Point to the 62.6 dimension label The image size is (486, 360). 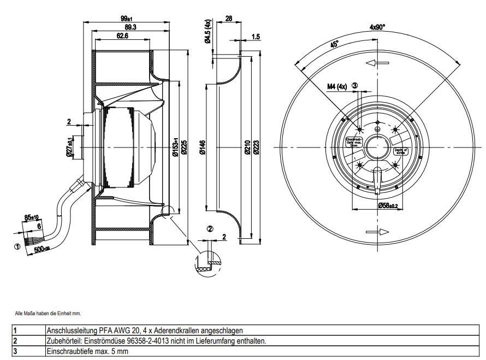coord(122,36)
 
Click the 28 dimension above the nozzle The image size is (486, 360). coord(228,19)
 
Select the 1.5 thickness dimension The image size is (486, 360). coord(256,37)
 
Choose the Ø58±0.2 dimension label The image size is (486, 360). coord(389,206)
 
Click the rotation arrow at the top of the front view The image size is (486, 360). coord(377,63)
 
